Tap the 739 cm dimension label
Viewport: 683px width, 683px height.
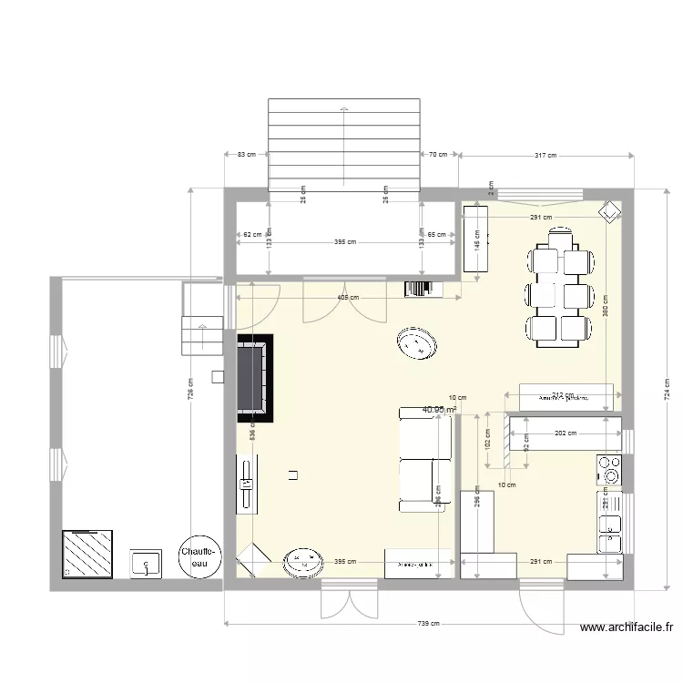coord(429,624)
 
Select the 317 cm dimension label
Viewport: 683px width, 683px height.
coord(545,156)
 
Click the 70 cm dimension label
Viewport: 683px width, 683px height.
coord(439,155)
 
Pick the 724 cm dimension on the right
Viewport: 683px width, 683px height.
coord(668,390)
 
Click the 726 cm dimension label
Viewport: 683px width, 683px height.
coord(190,389)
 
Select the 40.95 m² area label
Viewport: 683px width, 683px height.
coord(439,410)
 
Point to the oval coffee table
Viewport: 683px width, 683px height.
coord(417,344)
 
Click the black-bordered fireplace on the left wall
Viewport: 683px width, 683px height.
coord(254,378)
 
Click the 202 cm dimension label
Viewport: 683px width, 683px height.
coord(565,433)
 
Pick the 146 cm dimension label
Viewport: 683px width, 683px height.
coord(476,240)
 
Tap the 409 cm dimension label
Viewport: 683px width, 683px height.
coord(347,297)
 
